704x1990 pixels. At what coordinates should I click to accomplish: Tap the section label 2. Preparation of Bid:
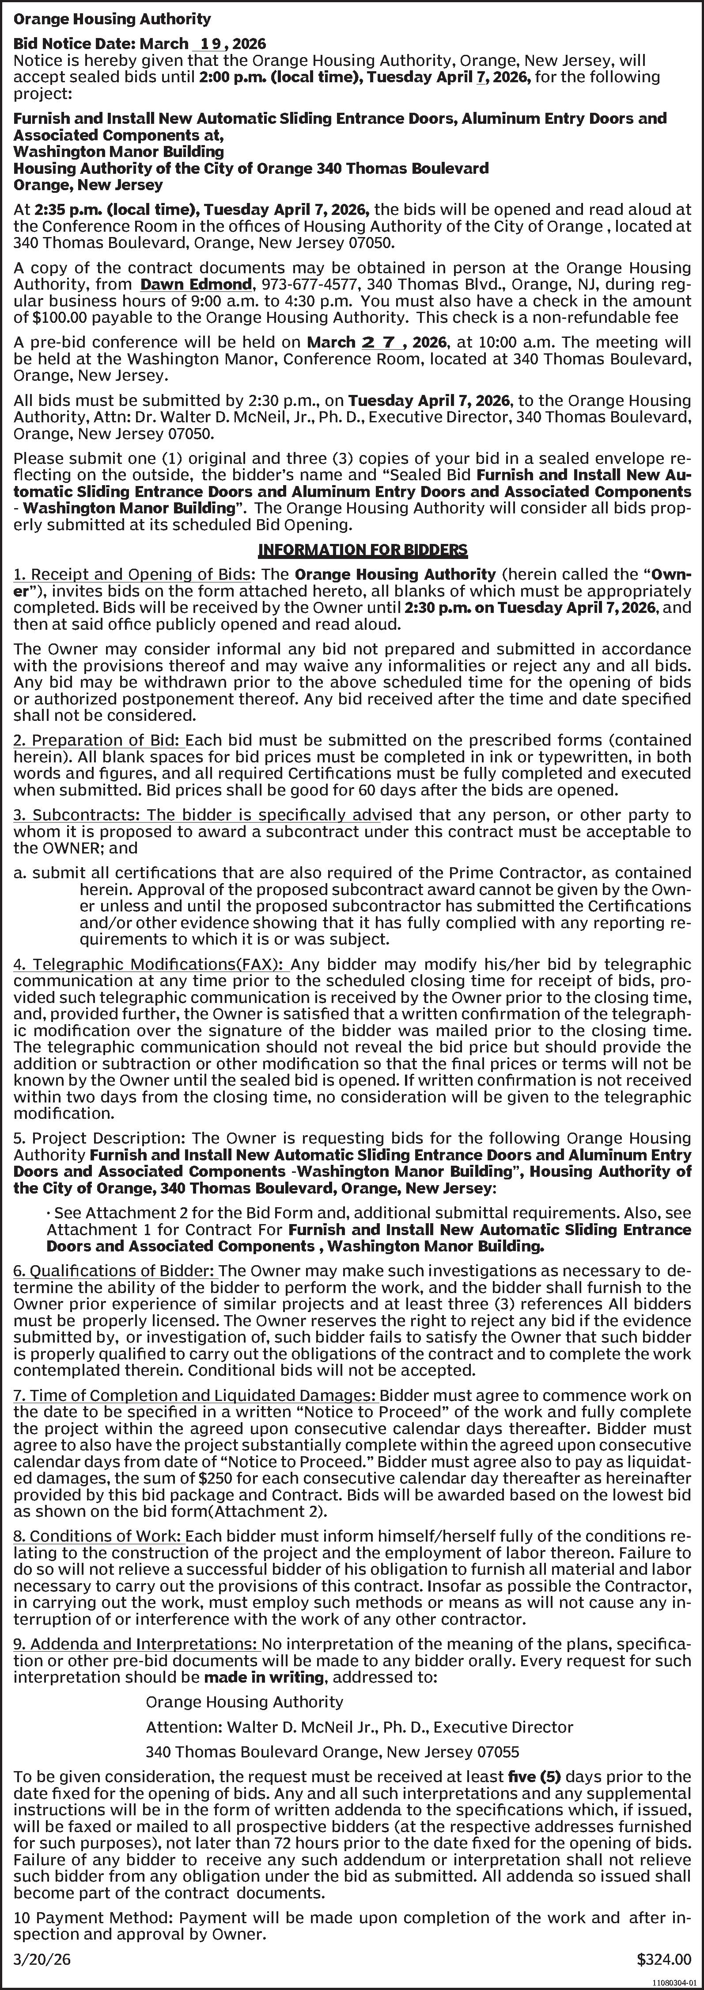(x=98, y=740)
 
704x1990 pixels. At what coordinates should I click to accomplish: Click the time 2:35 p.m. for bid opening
(x=59, y=209)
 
